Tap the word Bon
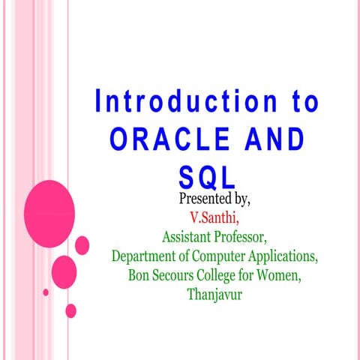(140, 275)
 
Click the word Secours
(177, 275)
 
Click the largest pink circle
(49, 204)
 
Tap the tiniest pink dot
(46, 292)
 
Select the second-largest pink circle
(64, 269)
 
